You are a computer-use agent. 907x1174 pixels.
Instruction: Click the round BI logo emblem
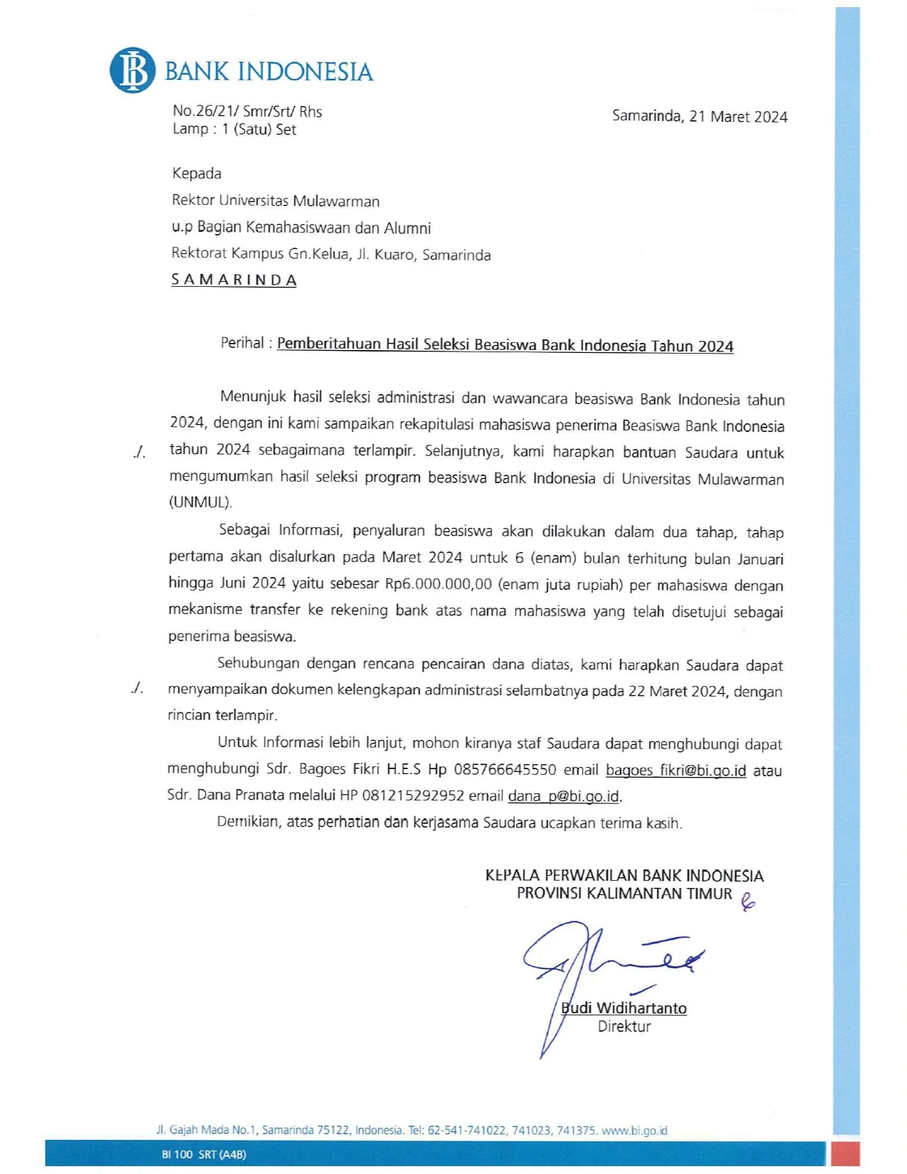point(132,70)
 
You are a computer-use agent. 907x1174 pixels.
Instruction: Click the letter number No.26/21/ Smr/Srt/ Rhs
point(247,111)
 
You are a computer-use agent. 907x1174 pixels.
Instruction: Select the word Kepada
point(196,174)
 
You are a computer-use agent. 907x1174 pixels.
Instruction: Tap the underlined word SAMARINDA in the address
point(233,280)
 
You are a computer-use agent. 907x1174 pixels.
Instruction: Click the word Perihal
point(242,343)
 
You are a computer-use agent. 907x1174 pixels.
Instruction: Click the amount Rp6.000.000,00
point(438,584)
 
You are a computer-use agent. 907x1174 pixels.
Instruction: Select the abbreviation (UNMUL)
point(201,502)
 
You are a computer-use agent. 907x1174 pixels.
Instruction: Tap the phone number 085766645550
point(505,770)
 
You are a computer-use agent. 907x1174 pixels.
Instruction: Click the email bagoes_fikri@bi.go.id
point(676,771)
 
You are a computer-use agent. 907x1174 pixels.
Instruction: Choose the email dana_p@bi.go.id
point(563,796)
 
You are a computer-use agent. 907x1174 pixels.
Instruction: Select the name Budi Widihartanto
point(624,1008)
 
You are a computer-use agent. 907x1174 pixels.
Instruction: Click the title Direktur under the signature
point(624,1027)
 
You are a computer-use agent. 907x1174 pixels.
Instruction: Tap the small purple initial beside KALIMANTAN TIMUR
point(747,902)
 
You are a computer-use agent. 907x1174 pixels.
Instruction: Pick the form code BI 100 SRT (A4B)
point(203,1154)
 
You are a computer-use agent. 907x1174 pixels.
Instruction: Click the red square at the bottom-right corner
point(846,1153)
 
